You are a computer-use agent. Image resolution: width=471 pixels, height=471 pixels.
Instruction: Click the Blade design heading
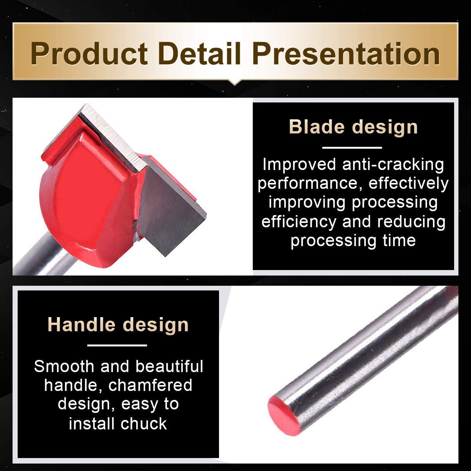(353, 127)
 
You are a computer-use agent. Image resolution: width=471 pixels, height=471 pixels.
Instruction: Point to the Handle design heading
(118, 325)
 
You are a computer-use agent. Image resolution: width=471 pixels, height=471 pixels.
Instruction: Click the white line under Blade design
(352, 148)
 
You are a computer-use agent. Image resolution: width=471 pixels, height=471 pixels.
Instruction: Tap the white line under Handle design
(117, 345)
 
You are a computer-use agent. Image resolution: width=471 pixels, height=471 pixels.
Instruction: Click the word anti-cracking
(393, 165)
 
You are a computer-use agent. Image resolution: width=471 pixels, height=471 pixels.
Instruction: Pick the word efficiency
(299, 222)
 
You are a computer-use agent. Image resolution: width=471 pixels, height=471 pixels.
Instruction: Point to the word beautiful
(169, 366)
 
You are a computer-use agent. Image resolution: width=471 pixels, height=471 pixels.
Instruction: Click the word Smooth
(64, 366)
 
